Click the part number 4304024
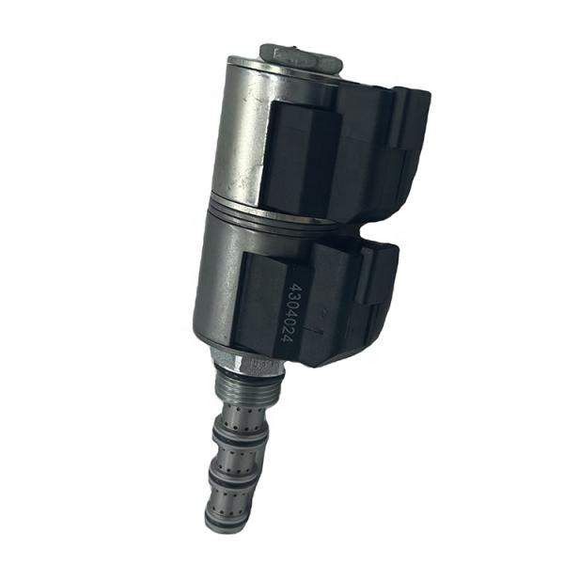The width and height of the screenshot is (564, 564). pos(295,318)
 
